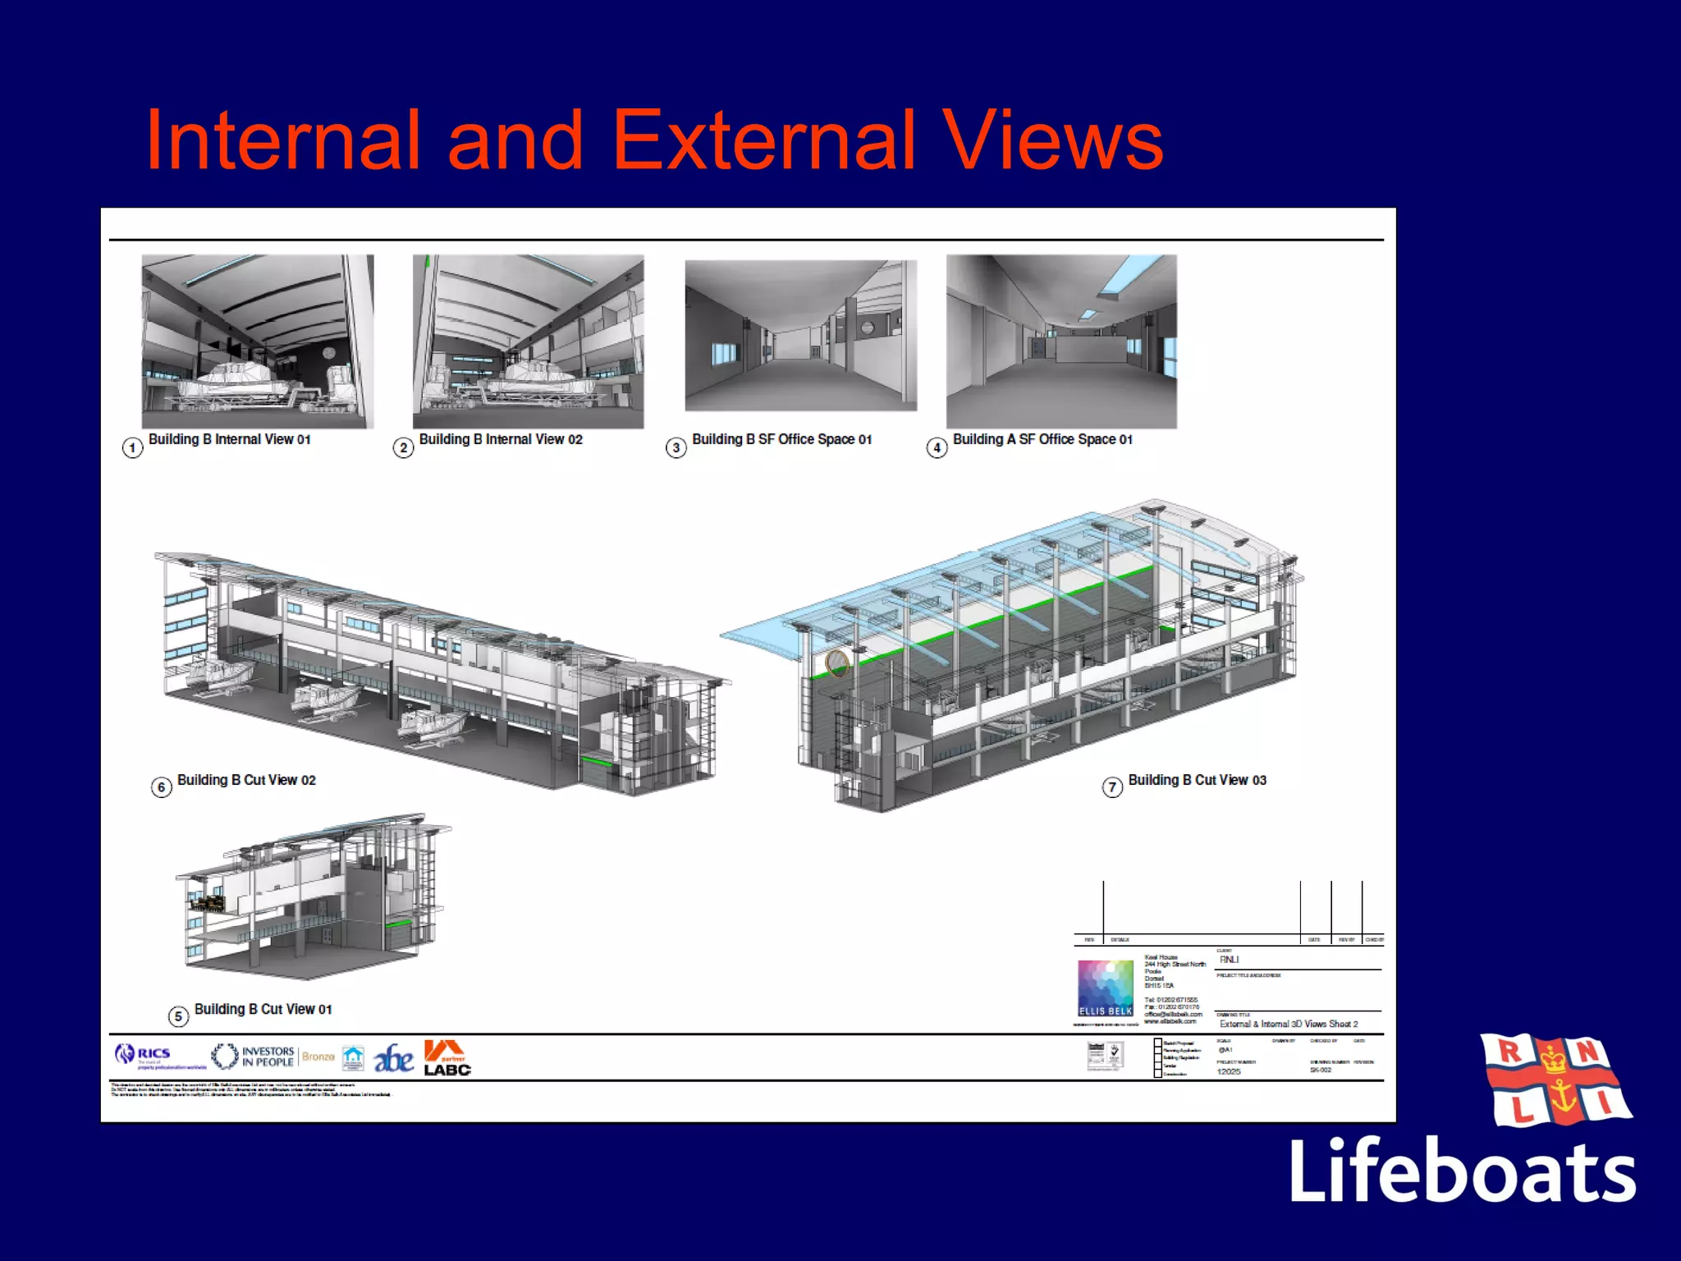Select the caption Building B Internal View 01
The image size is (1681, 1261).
pyautogui.click(x=229, y=440)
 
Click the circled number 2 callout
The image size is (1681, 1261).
pyautogui.click(x=403, y=448)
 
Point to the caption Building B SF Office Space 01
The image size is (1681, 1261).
pyautogui.click(x=781, y=440)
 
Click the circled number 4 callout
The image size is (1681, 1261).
pyautogui.click(x=937, y=448)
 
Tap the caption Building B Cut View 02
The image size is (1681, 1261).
pyautogui.click(x=246, y=780)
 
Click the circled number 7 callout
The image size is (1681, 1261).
pyautogui.click(x=1112, y=788)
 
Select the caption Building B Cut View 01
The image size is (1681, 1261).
pyautogui.click(x=263, y=1009)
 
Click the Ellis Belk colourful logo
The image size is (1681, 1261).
pyautogui.click(x=1106, y=988)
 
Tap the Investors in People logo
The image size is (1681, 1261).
pyautogui.click(x=254, y=1057)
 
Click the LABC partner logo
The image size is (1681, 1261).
pyautogui.click(x=447, y=1058)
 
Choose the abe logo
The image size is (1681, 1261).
pyautogui.click(x=393, y=1059)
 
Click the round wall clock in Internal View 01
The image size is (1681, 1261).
pyautogui.click(x=328, y=353)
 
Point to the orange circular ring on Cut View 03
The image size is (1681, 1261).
pyautogui.click(x=836, y=663)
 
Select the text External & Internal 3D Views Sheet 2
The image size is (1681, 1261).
pyautogui.click(x=1288, y=1024)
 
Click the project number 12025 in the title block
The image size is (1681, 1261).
pyautogui.click(x=1229, y=1071)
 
